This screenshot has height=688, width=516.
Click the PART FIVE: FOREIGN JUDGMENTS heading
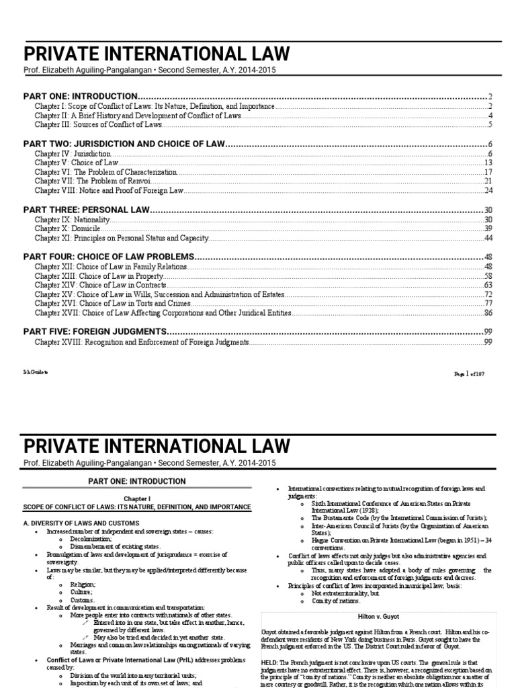point(95,332)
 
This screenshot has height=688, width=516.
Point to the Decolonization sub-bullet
point(88,540)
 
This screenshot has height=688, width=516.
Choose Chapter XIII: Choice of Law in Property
point(99,276)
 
